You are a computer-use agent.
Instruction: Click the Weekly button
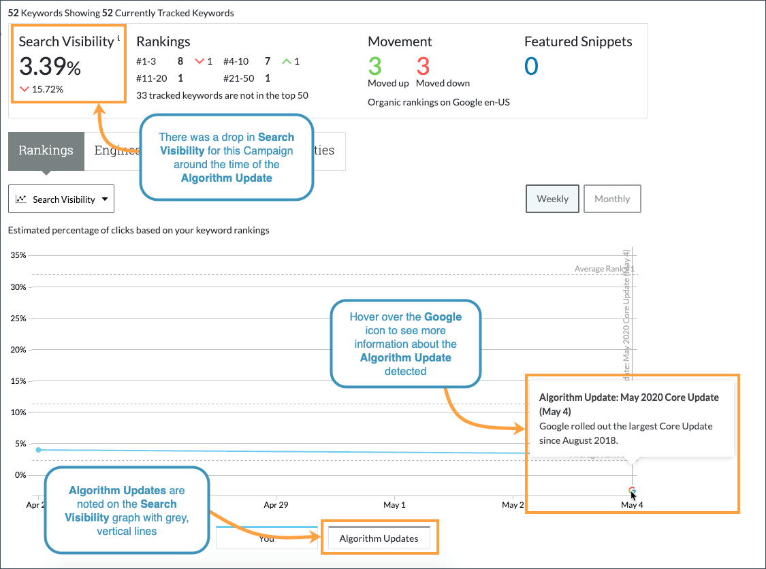point(552,199)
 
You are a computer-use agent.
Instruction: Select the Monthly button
point(612,199)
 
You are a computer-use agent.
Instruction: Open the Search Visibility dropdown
point(61,199)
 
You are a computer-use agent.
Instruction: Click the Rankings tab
point(46,150)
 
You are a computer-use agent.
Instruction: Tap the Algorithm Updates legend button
point(379,538)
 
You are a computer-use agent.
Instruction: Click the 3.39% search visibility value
point(50,67)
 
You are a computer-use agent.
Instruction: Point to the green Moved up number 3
point(374,67)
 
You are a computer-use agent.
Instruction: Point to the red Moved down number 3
point(423,67)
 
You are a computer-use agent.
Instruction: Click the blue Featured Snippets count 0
point(531,67)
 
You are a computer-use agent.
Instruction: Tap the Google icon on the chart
point(632,490)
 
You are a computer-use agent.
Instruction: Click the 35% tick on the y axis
point(18,256)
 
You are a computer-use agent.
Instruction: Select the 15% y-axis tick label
point(18,381)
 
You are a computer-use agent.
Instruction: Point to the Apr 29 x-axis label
point(276,505)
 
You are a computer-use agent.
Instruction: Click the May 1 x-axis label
point(394,505)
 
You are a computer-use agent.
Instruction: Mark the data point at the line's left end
point(38,450)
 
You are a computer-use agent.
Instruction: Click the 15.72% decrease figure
point(47,89)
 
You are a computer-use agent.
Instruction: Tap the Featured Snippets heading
point(578,42)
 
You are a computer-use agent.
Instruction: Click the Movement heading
point(400,42)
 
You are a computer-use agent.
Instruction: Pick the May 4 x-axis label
point(632,505)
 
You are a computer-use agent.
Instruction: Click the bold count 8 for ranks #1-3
point(180,61)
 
